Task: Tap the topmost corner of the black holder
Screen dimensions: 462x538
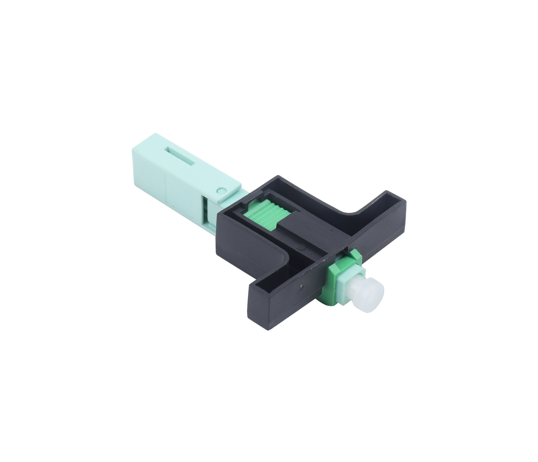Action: (x=278, y=176)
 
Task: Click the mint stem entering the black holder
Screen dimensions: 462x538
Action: (x=242, y=196)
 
